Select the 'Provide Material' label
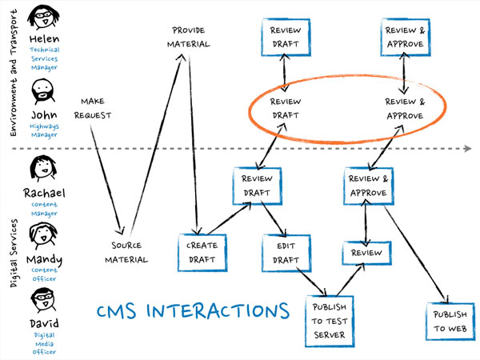pos(190,37)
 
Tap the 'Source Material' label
pos(130,253)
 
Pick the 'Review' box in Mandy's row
pos(366,253)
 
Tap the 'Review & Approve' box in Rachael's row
pos(370,186)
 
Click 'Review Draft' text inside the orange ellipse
pos(286,109)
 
